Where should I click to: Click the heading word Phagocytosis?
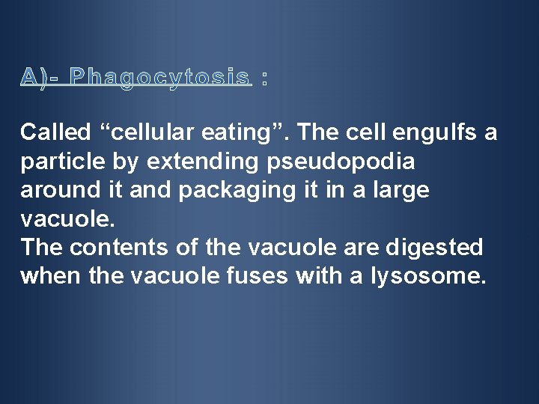coord(159,77)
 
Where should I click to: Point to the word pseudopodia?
coord(351,162)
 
